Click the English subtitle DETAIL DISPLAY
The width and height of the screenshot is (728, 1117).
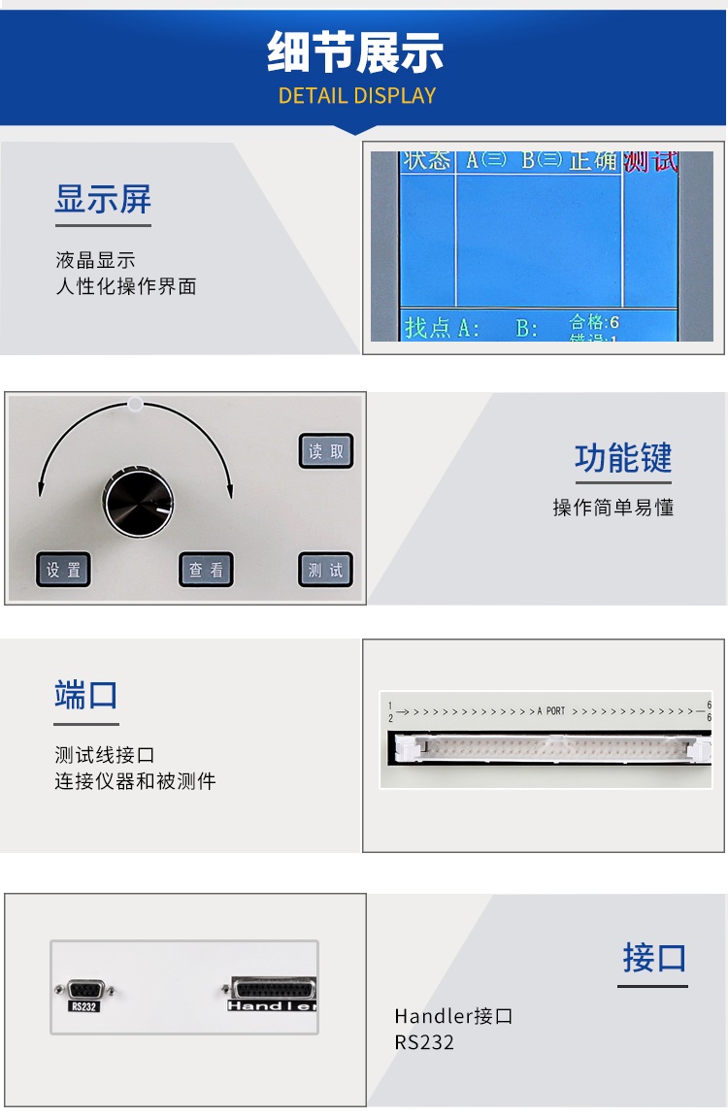click(x=357, y=95)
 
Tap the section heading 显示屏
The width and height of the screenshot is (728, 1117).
click(x=103, y=200)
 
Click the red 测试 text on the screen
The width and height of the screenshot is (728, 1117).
click(x=650, y=160)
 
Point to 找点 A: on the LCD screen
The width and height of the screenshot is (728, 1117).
click(x=443, y=327)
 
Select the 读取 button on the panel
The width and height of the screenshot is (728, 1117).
click(x=326, y=451)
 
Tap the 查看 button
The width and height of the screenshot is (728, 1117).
click(x=206, y=570)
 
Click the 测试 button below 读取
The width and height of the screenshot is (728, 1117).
click(x=326, y=570)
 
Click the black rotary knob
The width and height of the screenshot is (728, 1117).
click(x=138, y=502)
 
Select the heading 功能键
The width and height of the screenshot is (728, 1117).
click(x=623, y=458)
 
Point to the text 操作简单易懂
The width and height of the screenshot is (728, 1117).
click(x=613, y=508)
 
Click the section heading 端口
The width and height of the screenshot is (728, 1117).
click(x=86, y=695)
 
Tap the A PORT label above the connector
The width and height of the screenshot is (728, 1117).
click(x=551, y=711)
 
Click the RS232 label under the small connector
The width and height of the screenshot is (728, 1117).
click(x=84, y=1006)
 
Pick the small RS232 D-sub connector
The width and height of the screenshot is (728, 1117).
click(x=84, y=989)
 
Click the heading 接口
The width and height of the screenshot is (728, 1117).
click(x=654, y=958)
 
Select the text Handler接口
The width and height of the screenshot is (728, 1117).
click(x=453, y=1016)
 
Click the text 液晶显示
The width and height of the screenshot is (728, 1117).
click(x=95, y=260)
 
